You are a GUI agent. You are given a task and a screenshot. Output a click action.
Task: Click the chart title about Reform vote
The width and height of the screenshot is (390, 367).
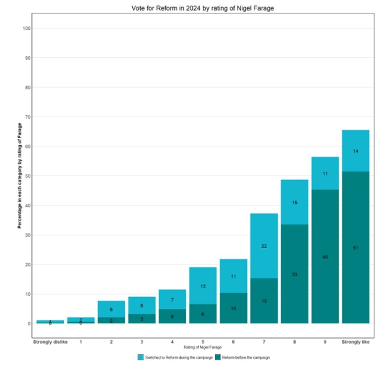pos(203,8)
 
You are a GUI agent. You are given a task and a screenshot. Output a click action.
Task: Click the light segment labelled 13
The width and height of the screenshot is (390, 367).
pos(203,285)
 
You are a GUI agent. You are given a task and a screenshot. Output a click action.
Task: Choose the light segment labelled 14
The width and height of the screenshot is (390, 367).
pos(356,151)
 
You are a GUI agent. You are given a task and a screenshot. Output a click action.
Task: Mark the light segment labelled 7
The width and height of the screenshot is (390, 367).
pos(172,299)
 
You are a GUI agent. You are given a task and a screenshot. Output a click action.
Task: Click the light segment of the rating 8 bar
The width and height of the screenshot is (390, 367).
pos(294,202)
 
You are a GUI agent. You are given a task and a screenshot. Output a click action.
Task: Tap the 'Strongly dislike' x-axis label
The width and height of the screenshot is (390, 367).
pos(50,342)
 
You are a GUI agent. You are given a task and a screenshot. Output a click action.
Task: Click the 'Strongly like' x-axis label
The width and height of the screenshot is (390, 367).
pos(356,342)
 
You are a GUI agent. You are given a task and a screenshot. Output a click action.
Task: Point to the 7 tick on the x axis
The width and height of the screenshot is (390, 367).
pos(264,342)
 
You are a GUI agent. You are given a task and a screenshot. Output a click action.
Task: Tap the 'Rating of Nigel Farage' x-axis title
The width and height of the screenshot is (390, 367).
pos(203,347)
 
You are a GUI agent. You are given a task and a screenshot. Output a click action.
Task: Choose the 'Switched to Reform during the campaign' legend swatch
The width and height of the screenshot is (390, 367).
pos(140,357)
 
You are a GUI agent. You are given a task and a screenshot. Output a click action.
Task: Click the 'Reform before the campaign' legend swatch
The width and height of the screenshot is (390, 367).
pos(218,357)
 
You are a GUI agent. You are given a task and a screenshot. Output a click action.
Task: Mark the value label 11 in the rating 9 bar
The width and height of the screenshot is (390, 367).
pos(325,173)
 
